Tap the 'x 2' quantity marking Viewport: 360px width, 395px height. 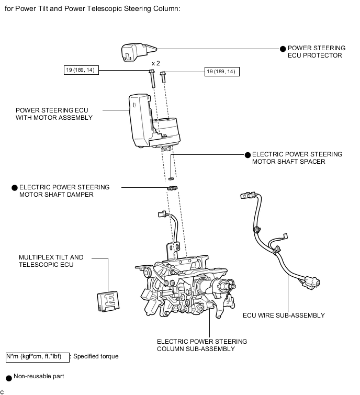(155, 63)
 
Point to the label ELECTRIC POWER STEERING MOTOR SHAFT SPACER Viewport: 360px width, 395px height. (297, 158)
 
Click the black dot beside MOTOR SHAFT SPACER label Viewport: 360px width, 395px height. (248, 155)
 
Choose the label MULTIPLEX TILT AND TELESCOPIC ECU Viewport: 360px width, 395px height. (51, 261)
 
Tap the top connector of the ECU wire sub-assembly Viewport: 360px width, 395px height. (246, 197)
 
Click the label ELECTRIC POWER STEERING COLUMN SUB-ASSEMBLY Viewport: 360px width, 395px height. (202, 345)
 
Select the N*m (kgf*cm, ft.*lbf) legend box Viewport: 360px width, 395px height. (38, 357)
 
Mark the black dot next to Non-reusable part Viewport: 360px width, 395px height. (8, 377)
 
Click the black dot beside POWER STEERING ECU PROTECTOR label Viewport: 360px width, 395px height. (283, 49)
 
